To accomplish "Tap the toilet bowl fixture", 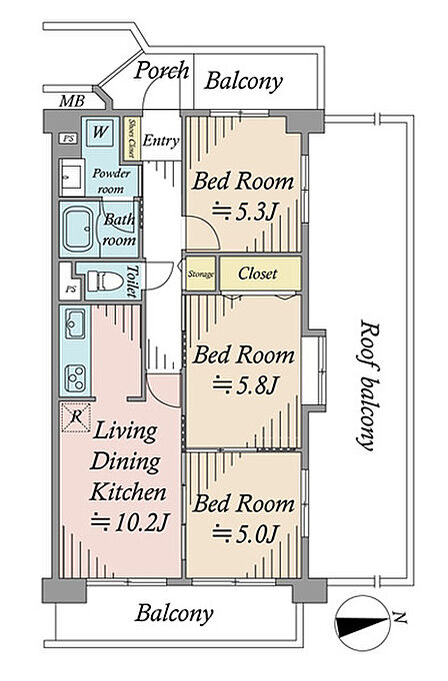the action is [104, 281].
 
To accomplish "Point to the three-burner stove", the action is [75, 377].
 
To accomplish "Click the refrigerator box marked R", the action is [76, 417].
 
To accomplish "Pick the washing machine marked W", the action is [100, 132].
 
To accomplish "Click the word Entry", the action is [161, 141].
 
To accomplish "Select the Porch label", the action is [161, 70].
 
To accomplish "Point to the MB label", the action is [72, 101].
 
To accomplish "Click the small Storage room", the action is [201, 274].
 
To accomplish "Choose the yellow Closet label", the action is [257, 274].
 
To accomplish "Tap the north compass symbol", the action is [362, 623].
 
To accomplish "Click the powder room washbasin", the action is [72, 178].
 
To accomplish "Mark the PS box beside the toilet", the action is [70, 289].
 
